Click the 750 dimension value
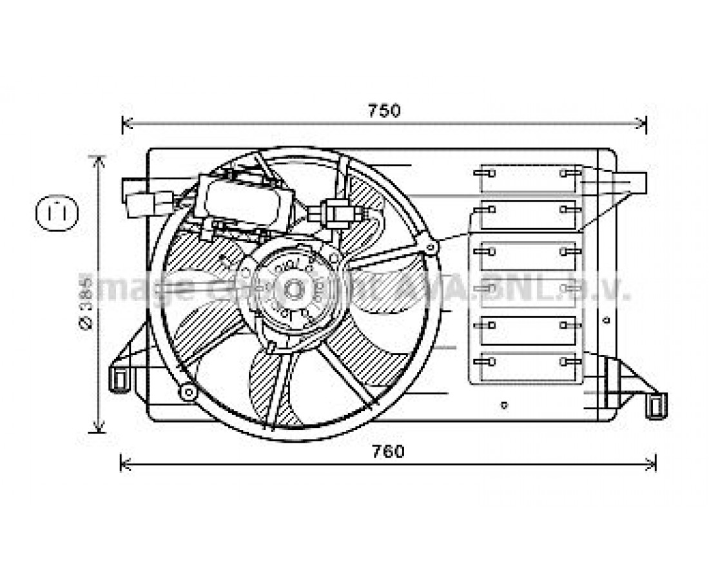385,111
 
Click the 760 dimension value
389,452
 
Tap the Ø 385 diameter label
86,302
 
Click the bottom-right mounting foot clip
657,405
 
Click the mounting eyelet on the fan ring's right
431,246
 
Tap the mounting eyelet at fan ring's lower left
188,391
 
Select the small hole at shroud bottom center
504,405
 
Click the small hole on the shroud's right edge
605,319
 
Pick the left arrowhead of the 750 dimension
125,122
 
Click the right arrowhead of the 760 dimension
652,462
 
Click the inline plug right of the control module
338,212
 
